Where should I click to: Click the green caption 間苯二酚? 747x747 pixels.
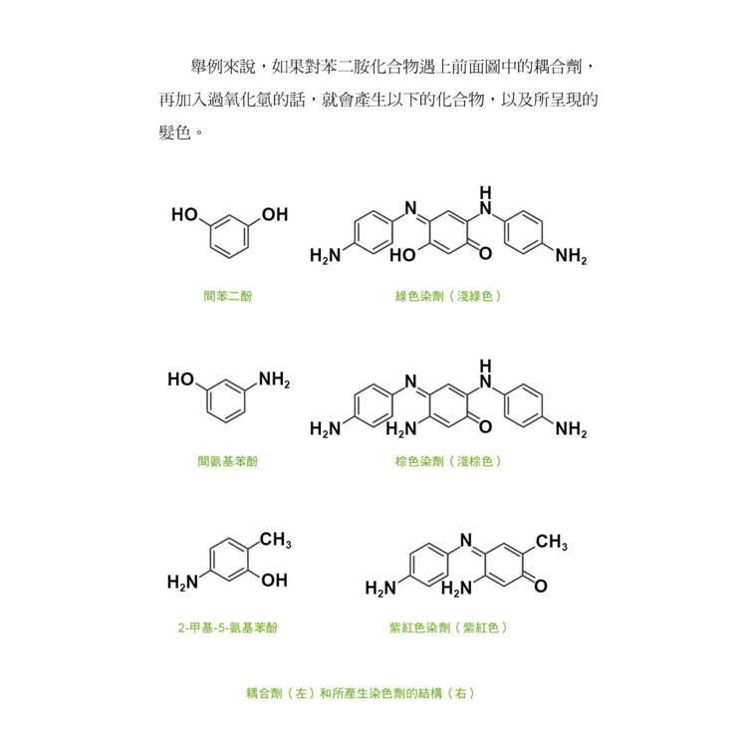point(228,296)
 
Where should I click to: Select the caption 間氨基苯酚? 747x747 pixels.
point(228,461)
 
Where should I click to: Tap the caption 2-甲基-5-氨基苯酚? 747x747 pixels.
point(228,627)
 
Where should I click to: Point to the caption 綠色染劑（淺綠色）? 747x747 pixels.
point(448,296)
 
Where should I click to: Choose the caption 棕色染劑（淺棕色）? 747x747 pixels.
point(448,461)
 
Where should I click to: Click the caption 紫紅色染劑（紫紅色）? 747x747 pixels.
point(448,627)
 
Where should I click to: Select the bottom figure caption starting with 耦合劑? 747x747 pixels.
point(361,693)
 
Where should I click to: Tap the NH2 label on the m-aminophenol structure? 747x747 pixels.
point(275,380)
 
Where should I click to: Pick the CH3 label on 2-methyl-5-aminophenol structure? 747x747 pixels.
point(276,540)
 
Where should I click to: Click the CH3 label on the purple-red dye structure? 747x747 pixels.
point(552,542)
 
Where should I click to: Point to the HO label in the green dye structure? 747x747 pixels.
point(402,255)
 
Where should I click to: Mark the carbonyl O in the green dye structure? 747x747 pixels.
point(485,253)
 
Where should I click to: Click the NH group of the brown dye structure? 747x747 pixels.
point(485,373)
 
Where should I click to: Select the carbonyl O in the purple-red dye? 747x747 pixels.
point(541,586)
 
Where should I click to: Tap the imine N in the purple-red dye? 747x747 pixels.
point(466,540)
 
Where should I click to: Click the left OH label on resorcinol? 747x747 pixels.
point(184,215)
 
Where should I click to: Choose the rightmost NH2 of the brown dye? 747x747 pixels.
point(572,429)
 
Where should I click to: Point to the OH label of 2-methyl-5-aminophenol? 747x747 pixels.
point(275,581)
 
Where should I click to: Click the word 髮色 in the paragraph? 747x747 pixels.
point(175,131)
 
